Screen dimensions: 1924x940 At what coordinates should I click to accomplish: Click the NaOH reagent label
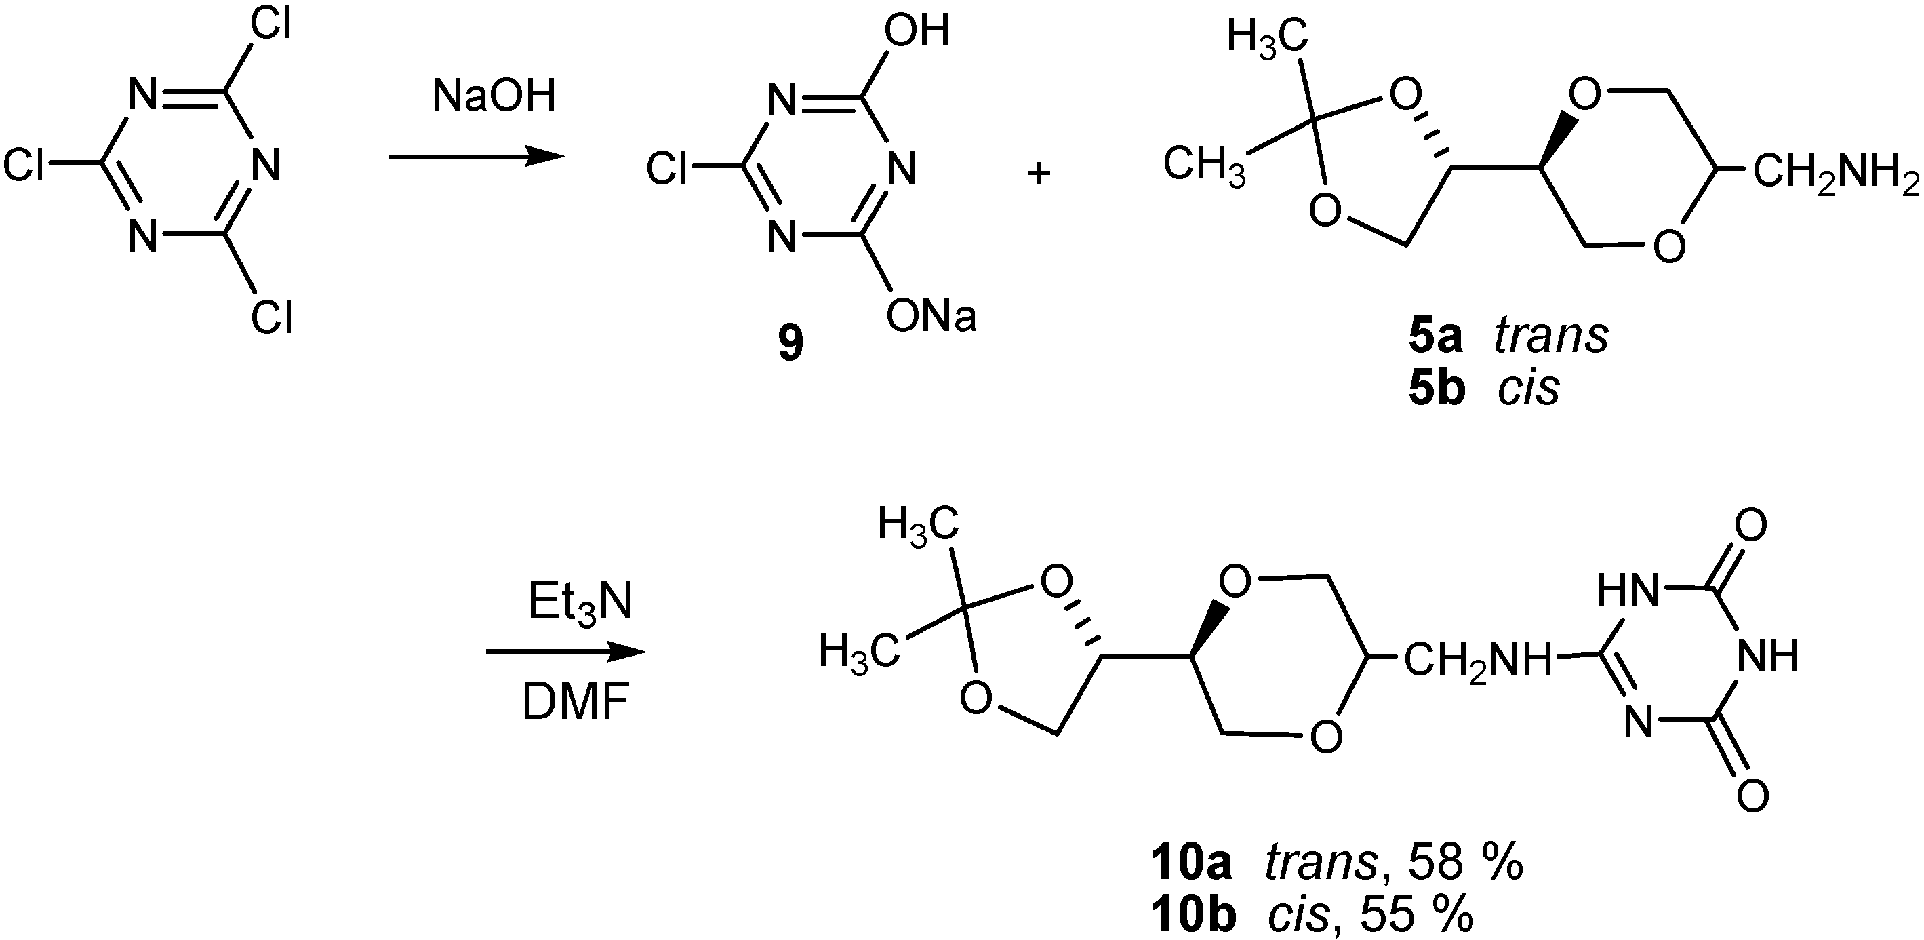click(494, 97)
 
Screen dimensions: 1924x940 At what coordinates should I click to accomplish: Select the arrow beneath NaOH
click(475, 157)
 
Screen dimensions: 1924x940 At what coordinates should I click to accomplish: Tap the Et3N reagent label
click(580, 602)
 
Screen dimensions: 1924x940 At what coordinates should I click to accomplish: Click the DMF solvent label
click(575, 704)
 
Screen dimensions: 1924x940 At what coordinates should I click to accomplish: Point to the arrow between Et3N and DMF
click(565, 652)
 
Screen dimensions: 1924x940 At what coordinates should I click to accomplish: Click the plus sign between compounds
click(1039, 174)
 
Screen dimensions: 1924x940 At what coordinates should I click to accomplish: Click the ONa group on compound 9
click(931, 317)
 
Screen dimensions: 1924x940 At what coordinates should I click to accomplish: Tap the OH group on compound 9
click(917, 31)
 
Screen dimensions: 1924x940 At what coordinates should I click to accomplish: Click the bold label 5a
click(1435, 337)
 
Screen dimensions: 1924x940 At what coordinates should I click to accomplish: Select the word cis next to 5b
click(1528, 389)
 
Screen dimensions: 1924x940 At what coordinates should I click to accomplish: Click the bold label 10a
click(1190, 864)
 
